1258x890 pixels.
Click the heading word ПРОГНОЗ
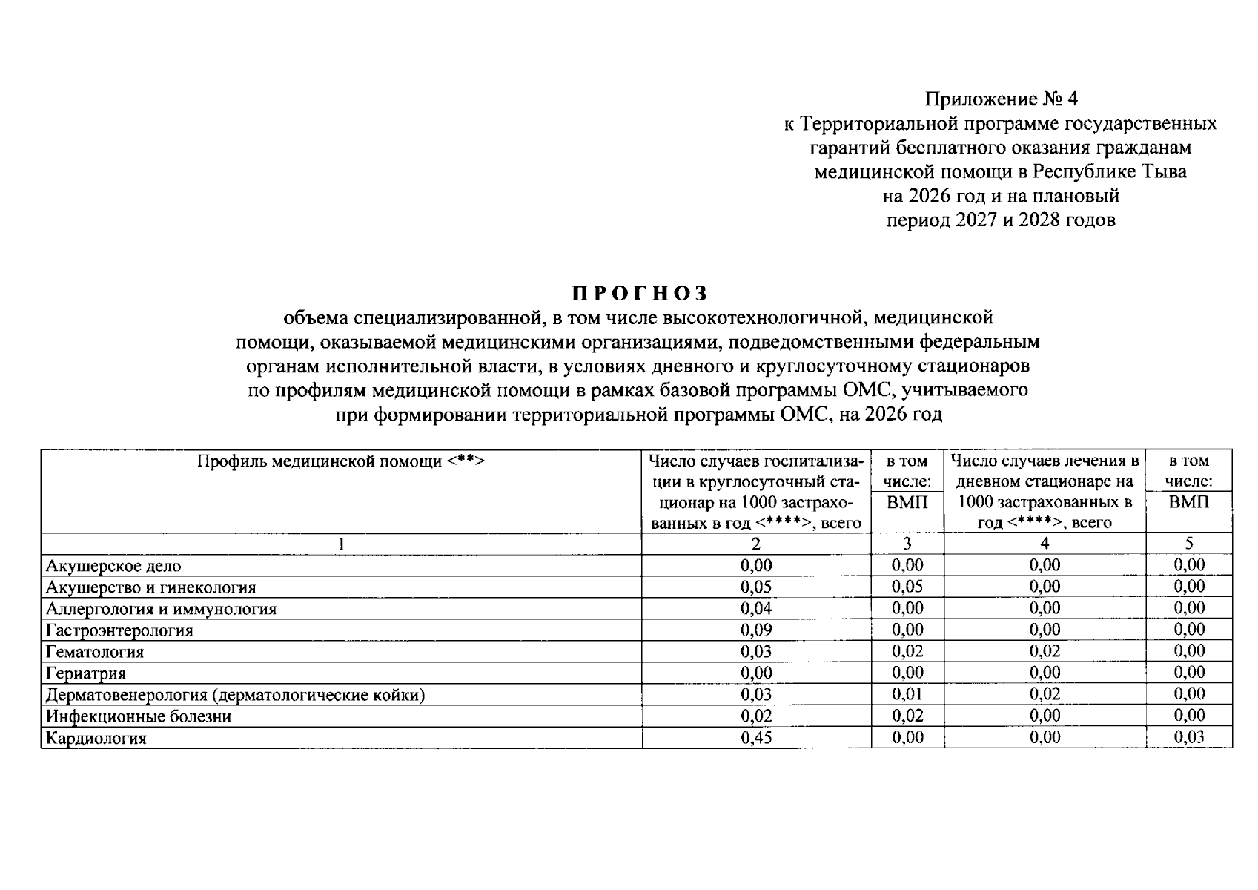pyautogui.click(x=640, y=293)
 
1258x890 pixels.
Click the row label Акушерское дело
pyautogui.click(x=113, y=566)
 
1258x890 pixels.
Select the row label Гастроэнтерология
pyautogui.click(x=119, y=630)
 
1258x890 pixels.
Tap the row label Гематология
pyautogui.click(x=95, y=652)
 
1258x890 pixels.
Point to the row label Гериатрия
pyautogui.click(x=86, y=673)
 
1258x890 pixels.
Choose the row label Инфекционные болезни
pyautogui.click(x=139, y=716)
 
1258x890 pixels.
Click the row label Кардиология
pyautogui.click(x=96, y=738)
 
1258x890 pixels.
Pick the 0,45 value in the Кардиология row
pyautogui.click(x=756, y=737)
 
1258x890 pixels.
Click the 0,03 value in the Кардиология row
pyautogui.click(x=1189, y=737)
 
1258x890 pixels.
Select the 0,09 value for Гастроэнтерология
pyautogui.click(x=756, y=630)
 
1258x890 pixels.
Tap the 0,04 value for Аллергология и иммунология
pyautogui.click(x=756, y=608)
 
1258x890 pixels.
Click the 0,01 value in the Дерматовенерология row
pyautogui.click(x=907, y=694)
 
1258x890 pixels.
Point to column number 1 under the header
pyautogui.click(x=341, y=544)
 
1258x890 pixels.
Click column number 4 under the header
pyautogui.click(x=1045, y=544)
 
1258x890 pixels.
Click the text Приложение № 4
pyautogui.click(x=1001, y=99)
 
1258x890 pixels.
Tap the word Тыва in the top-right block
pyautogui.click(x=1163, y=172)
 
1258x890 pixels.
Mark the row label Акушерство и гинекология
pyautogui.click(x=151, y=587)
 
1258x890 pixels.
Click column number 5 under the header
pyautogui.click(x=1189, y=544)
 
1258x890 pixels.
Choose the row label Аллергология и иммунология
pyautogui.click(x=161, y=609)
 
